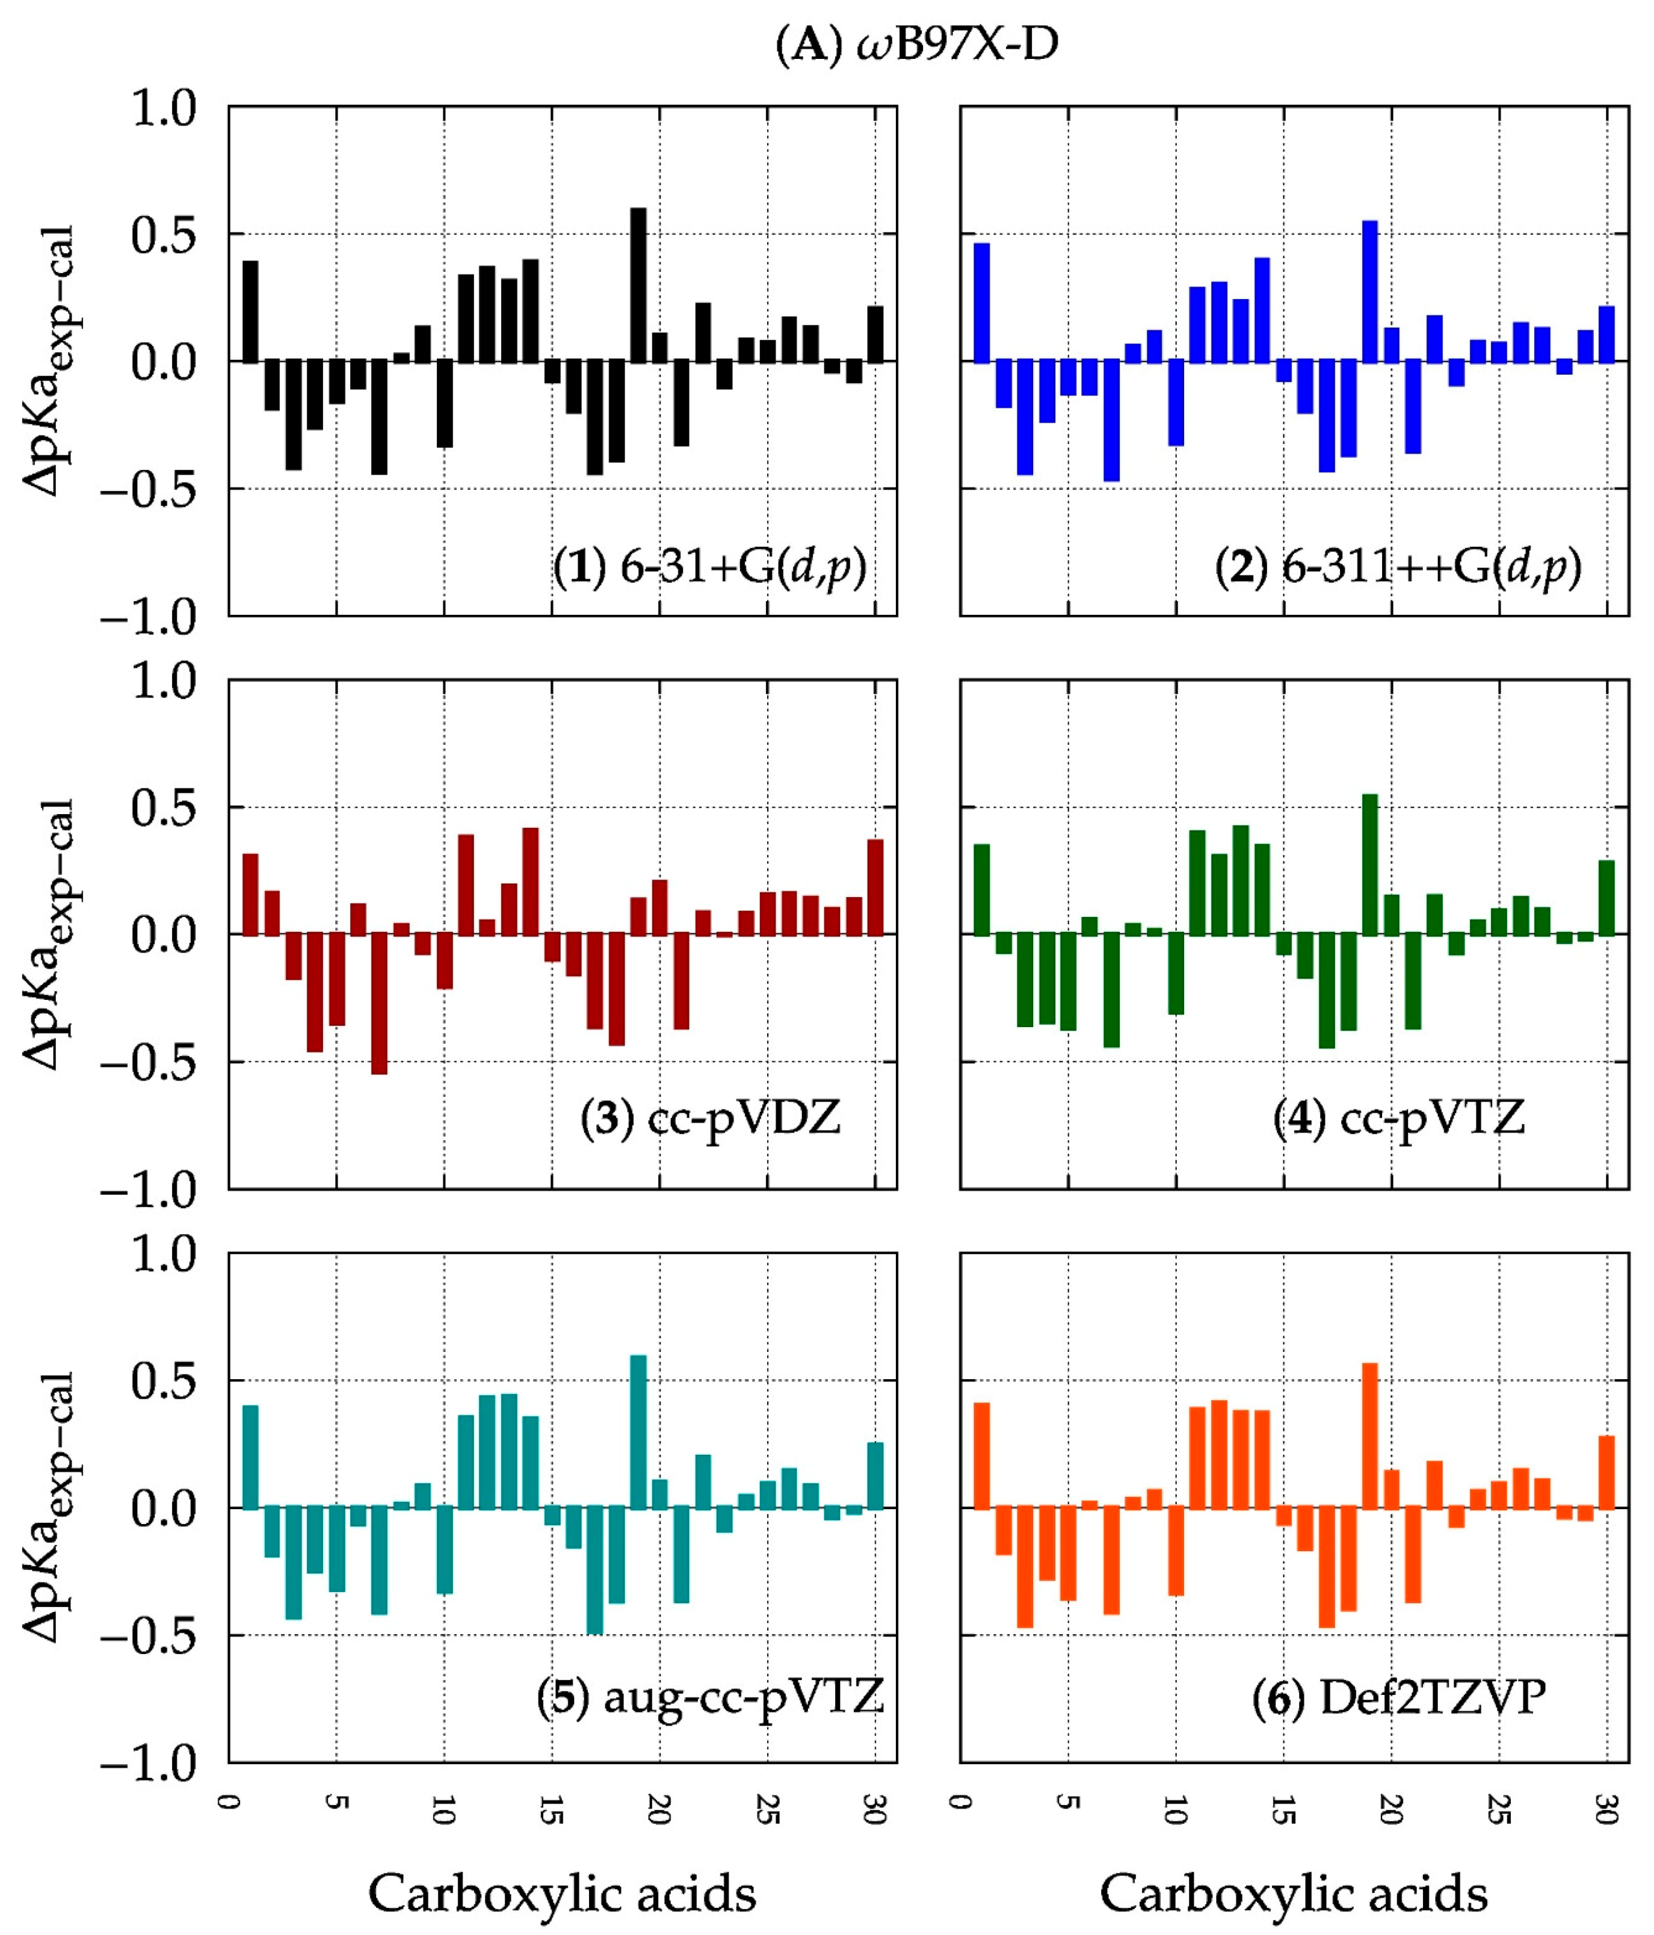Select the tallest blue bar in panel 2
(1369, 291)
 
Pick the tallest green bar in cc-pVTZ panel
(1369, 864)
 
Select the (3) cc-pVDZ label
(710, 1117)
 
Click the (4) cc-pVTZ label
(1398, 1117)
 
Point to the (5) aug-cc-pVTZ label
(710, 1696)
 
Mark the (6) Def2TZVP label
(1398, 1696)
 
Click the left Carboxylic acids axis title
(561, 1892)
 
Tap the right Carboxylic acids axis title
(1293, 1892)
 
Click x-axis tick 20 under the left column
(658, 1809)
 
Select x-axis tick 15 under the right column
(1283, 1809)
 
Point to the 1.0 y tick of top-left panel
(163, 109)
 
